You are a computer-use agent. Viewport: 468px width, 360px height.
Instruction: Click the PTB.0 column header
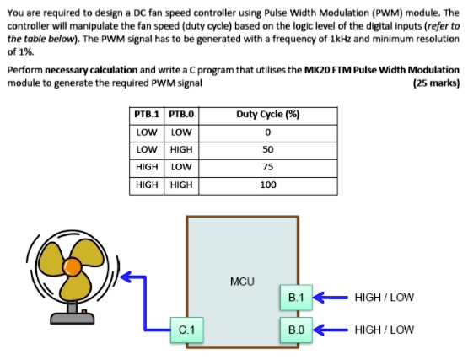pyautogui.click(x=181, y=114)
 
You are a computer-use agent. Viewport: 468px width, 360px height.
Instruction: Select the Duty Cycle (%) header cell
pyautogui.click(x=268, y=114)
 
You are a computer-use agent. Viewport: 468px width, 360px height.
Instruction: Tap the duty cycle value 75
pyautogui.click(x=268, y=166)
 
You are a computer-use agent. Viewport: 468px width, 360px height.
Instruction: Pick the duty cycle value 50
pyautogui.click(x=268, y=149)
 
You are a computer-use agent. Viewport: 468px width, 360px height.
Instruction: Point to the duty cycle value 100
pyautogui.click(x=268, y=184)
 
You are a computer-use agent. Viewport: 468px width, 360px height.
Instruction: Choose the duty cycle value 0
pyautogui.click(x=268, y=132)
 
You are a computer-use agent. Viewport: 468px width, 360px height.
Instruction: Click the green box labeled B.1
pyautogui.click(x=296, y=298)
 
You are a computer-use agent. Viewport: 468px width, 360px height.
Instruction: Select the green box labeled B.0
pyautogui.click(x=296, y=329)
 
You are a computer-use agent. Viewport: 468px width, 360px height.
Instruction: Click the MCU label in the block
pyautogui.click(x=242, y=279)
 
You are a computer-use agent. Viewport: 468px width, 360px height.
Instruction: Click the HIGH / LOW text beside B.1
pyautogui.click(x=385, y=298)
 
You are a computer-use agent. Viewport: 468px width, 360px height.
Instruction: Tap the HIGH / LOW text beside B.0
pyautogui.click(x=385, y=329)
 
